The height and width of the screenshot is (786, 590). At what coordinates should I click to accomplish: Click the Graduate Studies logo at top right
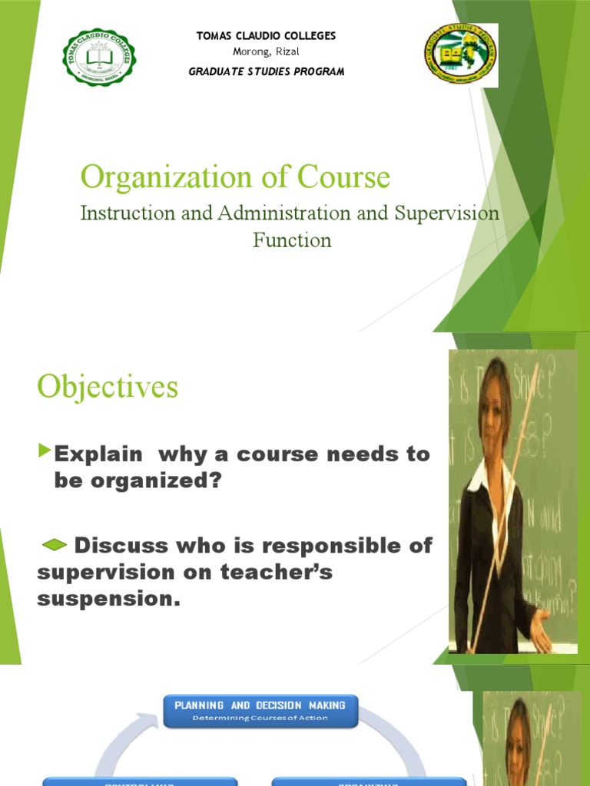[x=461, y=55]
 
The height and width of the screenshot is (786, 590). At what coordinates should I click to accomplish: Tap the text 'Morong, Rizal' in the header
[x=266, y=51]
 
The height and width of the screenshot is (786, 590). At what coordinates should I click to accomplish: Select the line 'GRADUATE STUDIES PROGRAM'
[x=266, y=71]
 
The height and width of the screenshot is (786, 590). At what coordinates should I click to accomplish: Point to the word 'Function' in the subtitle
[x=292, y=239]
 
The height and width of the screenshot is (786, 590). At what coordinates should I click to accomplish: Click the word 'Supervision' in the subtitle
[x=447, y=213]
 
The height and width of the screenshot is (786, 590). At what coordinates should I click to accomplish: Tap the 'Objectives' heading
[x=108, y=387]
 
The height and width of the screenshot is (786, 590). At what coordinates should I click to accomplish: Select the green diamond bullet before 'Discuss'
[x=53, y=545]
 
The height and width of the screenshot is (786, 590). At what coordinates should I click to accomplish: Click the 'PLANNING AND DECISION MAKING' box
[x=260, y=710]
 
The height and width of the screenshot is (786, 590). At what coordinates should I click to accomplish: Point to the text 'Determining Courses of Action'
[x=260, y=718]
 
